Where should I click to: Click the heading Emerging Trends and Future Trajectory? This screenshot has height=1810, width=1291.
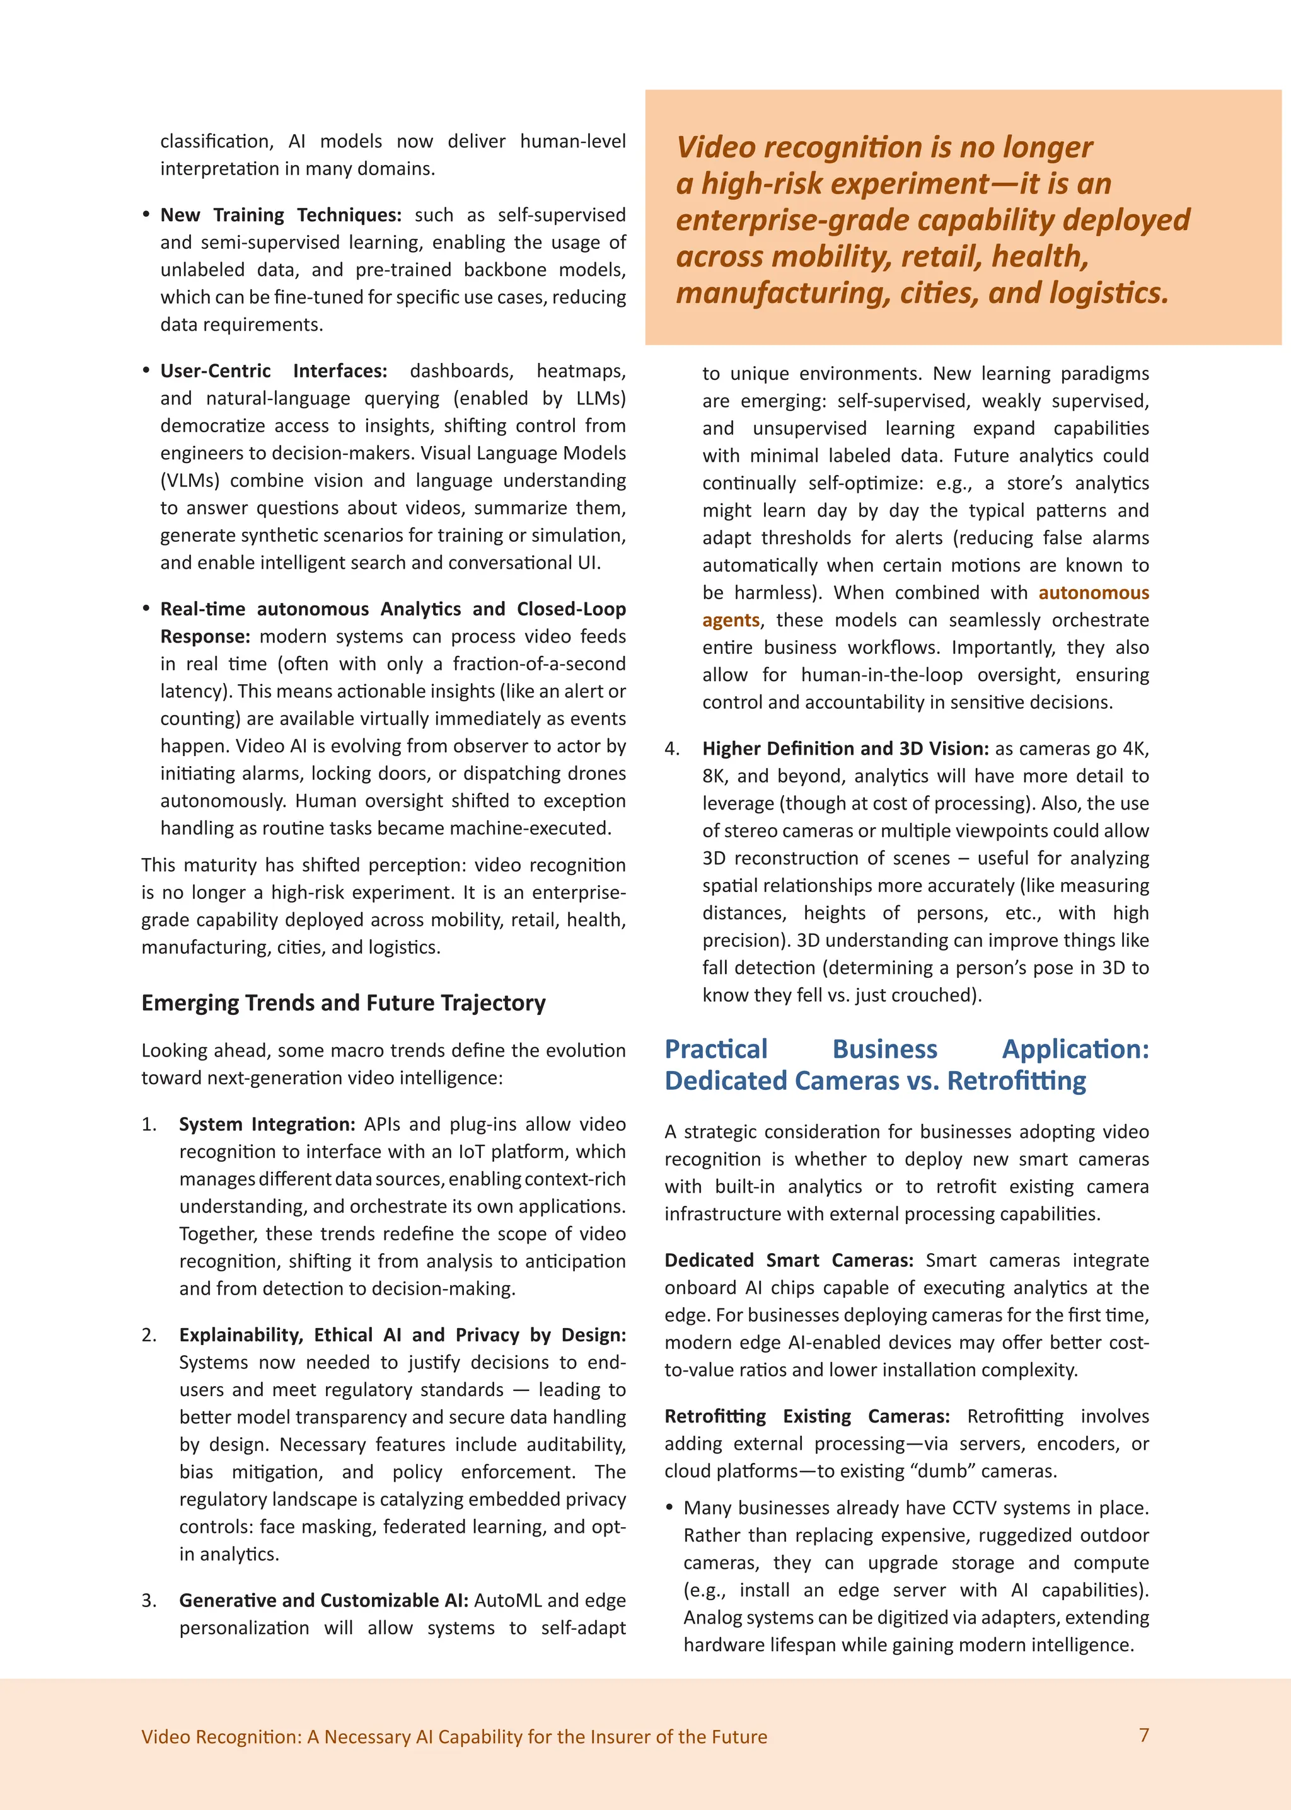(x=344, y=1003)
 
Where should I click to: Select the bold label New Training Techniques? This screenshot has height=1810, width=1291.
(x=281, y=215)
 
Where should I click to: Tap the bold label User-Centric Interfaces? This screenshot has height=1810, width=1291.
(x=274, y=371)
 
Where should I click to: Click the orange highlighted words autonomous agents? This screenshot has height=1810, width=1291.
(x=1093, y=593)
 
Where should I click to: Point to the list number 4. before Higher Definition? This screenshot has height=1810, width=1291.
(x=673, y=749)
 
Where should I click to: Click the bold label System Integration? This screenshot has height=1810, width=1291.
(x=266, y=1125)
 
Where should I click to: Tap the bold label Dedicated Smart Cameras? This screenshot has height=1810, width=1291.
(x=788, y=1260)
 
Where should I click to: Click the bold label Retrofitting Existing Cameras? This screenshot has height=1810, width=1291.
(x=806, y=1416)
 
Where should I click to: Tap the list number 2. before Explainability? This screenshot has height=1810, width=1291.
(x=149, y=1336)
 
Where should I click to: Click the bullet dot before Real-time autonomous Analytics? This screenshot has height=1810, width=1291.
(x=146, y=609)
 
